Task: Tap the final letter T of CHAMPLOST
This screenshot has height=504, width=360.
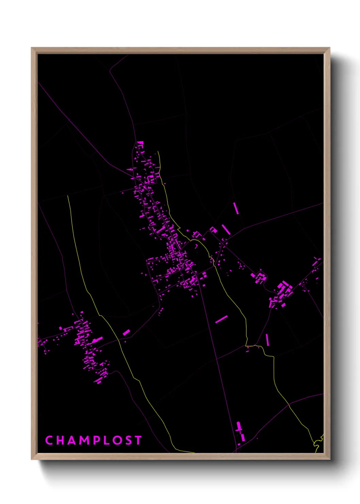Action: click(x=138, y=440)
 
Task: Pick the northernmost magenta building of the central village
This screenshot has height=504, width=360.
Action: click(x=140, y=143)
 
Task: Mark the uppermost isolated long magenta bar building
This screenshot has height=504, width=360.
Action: click(x=236, y=208)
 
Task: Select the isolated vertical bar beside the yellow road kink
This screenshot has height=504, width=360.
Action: click(x=267, y=340)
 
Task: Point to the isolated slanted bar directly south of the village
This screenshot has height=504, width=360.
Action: click(x=221, y=319)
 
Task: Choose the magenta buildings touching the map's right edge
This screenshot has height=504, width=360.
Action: click(x=317, y=262)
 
